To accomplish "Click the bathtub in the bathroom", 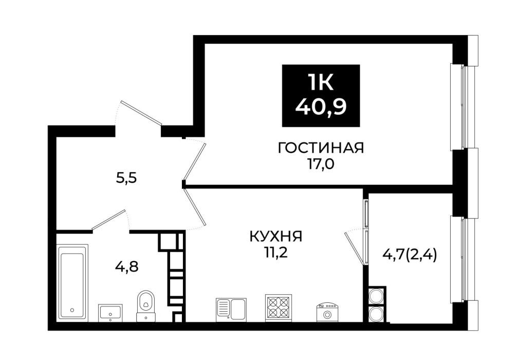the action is point(73,283).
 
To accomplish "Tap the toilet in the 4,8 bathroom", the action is point(146,306).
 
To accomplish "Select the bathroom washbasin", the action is point(110,313).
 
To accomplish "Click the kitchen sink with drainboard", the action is point(231,310).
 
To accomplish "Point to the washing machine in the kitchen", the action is point(327,313).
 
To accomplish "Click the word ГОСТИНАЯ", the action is point(321,148).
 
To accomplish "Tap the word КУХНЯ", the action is point(276,237).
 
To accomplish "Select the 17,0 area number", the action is point(321,164).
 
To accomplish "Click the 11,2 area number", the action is point(276,253).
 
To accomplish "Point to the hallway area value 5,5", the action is point(126,178).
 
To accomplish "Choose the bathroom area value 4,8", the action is point(126,266).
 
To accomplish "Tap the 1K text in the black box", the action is point(321,82).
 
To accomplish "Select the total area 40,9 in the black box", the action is point(321,106).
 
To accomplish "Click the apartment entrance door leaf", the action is point(142,113).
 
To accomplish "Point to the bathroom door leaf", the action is point(109,219).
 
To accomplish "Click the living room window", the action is point(463,107).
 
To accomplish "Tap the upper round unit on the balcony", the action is point(376,296).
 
